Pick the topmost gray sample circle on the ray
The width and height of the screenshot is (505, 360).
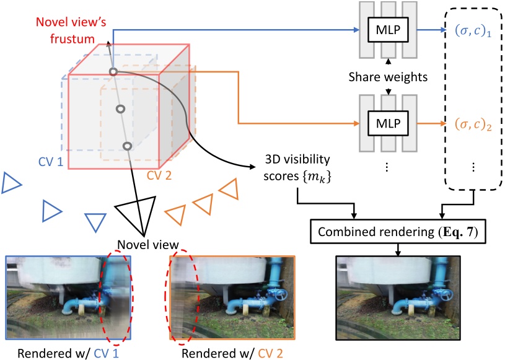[113, 72]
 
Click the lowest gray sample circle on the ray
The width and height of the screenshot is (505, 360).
[127, 146]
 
